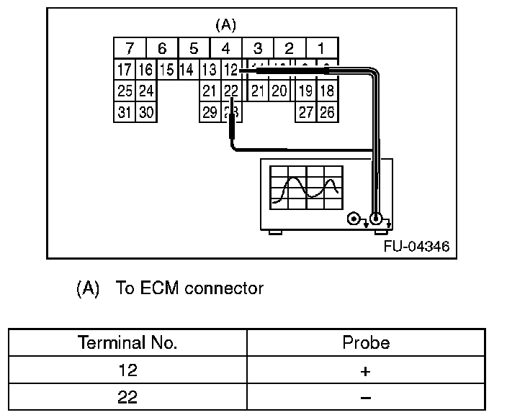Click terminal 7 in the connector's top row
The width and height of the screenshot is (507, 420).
[130, 49]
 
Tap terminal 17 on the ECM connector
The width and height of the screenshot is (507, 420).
[125, 70]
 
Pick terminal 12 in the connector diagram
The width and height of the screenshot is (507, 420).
[230, 70]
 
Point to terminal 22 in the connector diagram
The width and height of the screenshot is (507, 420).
[230, 91]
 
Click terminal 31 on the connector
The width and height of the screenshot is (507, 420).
[125, 112]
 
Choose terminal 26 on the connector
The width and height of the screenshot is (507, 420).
[327, 112]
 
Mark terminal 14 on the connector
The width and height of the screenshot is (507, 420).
[187, 70]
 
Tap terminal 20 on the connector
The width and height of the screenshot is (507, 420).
[279, 91]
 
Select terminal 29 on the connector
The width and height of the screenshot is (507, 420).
[210, 112]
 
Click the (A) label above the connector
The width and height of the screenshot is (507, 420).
[225, 25]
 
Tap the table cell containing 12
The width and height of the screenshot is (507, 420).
[127, 370]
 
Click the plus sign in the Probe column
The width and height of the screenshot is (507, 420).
[366, 370]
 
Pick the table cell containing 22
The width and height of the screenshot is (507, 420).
[127, 397]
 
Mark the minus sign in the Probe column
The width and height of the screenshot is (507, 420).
[366, 397]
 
